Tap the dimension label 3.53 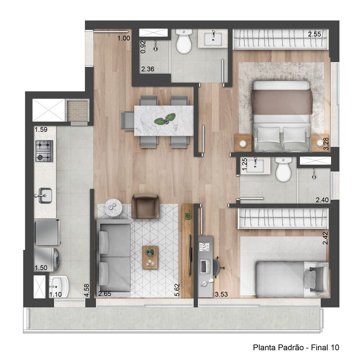coord(221,294)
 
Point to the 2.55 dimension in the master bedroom coord(314,35)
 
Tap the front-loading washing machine coord(47,257)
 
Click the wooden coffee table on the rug coord(150,257)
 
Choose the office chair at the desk coord(217,266)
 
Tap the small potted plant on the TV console coord(187,216)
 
